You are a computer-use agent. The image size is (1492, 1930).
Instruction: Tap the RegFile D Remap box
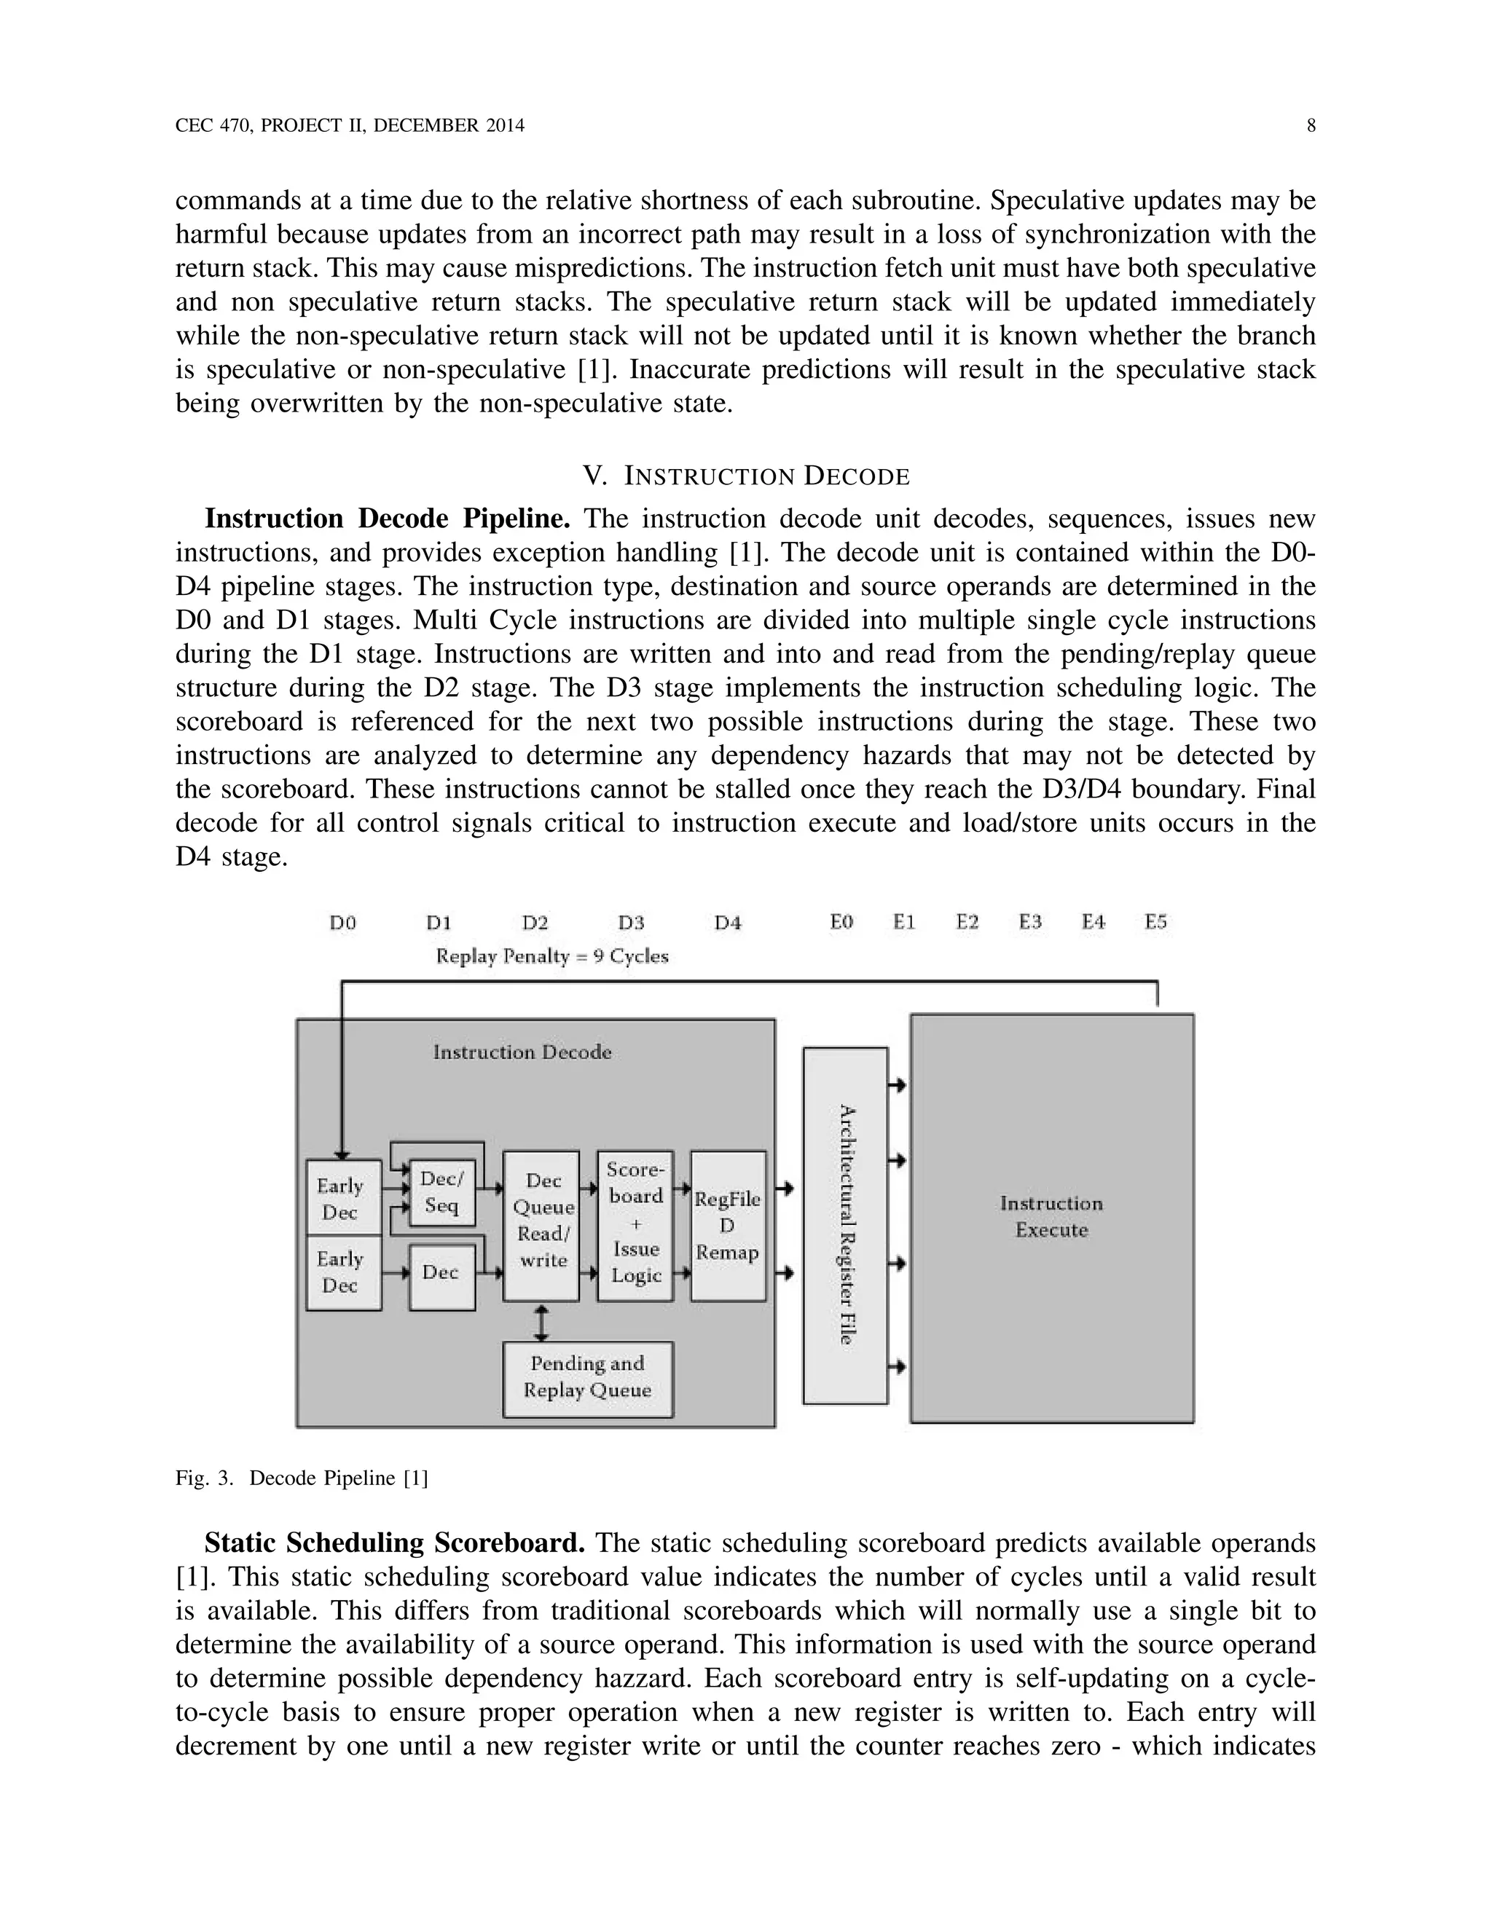tap(728, 1226)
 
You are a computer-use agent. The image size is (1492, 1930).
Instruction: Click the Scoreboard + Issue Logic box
tap(635, 1224)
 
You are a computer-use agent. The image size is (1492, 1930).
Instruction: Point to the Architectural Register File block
tap(845, 1225)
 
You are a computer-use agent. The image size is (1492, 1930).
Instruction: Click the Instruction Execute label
tap(1051, 1217)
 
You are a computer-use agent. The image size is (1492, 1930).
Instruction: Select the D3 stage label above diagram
tap(631, 923)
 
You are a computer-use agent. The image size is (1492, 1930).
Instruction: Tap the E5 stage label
tap(1155, 922)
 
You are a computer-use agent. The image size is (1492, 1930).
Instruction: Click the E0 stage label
tap(841, 922)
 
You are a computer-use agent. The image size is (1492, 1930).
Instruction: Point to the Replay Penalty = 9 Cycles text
tap(551, 956)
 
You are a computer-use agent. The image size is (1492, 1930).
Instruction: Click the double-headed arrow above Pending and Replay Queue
tap(542, 1323)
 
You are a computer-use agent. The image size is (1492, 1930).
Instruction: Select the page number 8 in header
tap(1311, 125)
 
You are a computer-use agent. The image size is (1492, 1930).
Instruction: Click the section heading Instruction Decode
tap(745, 477)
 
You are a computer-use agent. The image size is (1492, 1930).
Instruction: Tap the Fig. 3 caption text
tap(302, 1478)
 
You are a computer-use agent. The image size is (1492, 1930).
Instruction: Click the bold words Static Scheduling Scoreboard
tap(394, 1543)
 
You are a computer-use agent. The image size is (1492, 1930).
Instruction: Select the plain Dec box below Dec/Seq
tap(441, 1272)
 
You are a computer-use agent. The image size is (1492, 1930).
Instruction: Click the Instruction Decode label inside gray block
tap(522, 1052)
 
